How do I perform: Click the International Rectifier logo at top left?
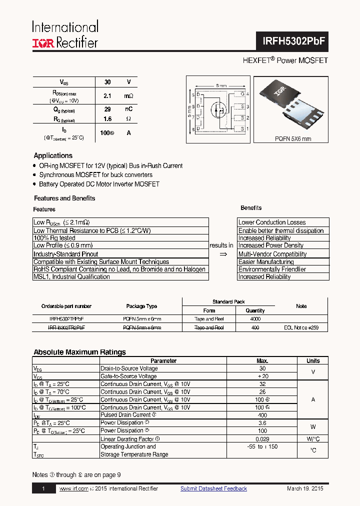[65, 35]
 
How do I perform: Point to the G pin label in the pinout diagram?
[242, 94]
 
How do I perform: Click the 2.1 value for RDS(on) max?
[107, 95]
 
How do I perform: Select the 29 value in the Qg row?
[107, 109]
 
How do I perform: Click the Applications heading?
[53, 155]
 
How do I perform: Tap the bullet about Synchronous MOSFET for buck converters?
[95, 175]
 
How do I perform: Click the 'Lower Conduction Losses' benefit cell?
[272, 222]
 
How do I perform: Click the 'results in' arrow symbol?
[223, 254]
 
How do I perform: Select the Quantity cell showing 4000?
[255, 318]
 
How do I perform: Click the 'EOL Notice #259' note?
[301, 327]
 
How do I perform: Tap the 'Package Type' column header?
[141, 306]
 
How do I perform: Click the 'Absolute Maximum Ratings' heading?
[79, 352]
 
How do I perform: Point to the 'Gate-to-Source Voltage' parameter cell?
[128, 376]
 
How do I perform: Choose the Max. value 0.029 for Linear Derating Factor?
[262, 438]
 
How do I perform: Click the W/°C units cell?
[313, 438]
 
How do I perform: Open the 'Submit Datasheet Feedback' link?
[213, 488]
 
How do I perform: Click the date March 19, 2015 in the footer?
[305, 488]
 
